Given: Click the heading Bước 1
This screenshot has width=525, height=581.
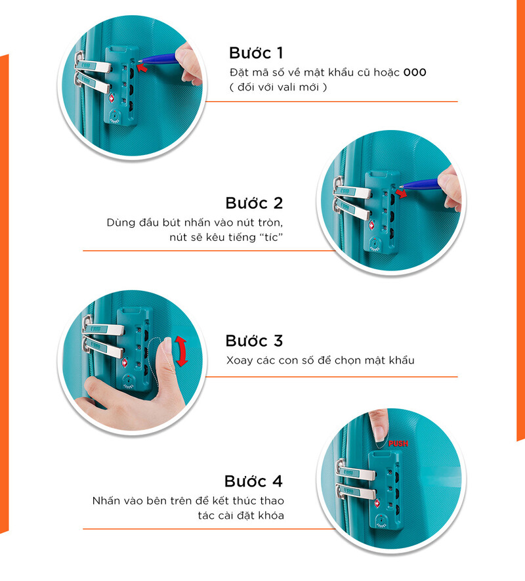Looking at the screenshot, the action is point(256,53).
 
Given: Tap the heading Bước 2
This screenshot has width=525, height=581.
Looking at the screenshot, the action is point(254,203).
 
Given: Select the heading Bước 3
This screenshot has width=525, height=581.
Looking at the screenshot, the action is point(254,341).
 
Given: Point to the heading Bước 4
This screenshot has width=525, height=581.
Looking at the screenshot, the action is point(253,481).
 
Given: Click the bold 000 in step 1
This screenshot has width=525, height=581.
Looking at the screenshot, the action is point(415,72).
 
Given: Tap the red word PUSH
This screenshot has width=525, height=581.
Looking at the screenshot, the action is point(398,444).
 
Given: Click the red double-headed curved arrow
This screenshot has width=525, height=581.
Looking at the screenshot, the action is point(181,351).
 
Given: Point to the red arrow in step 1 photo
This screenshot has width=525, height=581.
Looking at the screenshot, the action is point(142,68).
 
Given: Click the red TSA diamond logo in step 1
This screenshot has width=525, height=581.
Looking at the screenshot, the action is point(112,98).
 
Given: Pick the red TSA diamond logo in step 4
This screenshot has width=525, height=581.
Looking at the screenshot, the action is point(377,503).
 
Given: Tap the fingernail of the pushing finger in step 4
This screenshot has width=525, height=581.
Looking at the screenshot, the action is point(379,434).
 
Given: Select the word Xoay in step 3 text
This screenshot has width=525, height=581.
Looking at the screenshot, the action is point(240,360).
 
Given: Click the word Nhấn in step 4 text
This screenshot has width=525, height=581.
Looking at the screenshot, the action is point(106,501).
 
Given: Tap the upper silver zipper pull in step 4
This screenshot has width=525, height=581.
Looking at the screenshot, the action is point(355,471).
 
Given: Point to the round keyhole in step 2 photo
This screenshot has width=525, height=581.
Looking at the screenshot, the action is point(375,244).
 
